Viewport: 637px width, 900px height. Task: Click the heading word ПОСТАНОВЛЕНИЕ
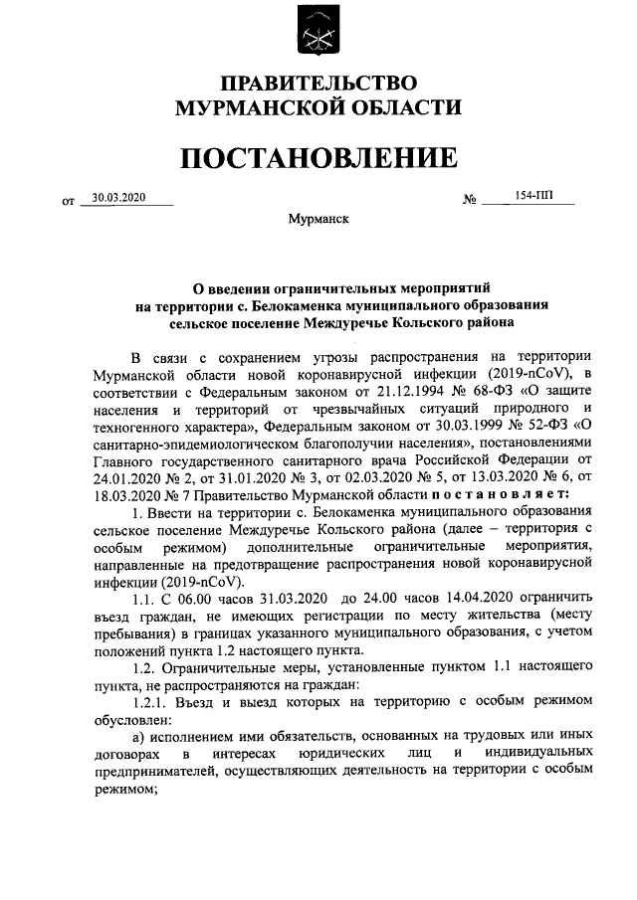(x=318, y=158)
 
